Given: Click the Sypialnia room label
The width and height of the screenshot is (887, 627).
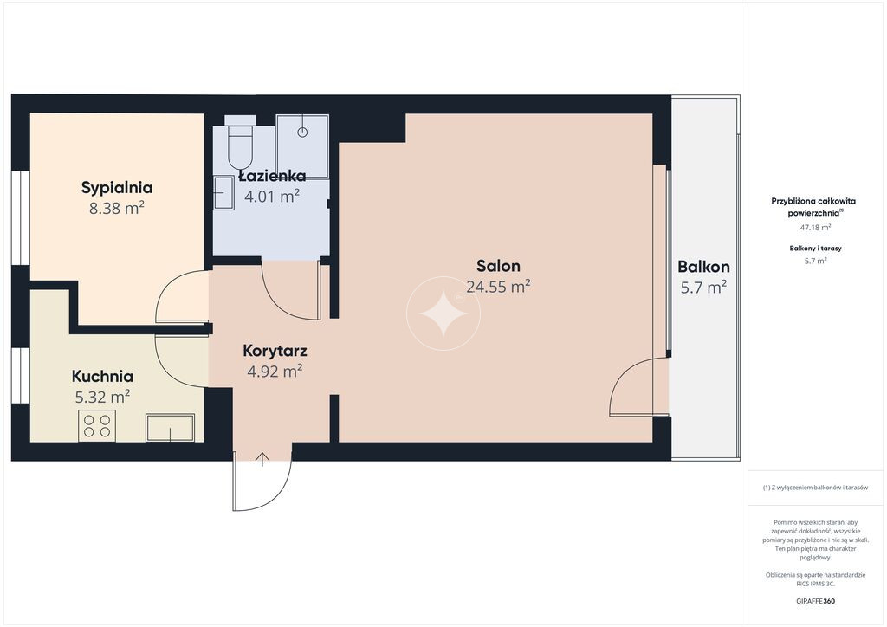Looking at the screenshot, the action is [x=117, y=188].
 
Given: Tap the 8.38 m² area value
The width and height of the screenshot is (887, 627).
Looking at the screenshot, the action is [x=117, y=208].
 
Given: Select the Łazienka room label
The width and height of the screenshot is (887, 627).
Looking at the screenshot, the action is [x=272, y=176].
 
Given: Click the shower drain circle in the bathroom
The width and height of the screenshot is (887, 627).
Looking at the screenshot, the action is [x=302, y=133].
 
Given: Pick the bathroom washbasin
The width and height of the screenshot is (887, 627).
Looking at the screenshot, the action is [x=223, y=193].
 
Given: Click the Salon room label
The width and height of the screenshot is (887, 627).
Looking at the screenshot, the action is [x=498, y=266].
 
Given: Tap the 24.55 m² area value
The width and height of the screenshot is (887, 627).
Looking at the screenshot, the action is [x=498, y=287].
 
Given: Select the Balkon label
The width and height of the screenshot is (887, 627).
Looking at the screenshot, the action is [x=703, y=267].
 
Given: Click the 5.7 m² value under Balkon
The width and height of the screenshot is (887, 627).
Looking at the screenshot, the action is [x=703, y=288].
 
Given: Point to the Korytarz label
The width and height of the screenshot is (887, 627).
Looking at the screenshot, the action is [x=275, y=351].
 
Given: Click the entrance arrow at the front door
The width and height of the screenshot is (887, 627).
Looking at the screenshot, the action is [x=262, y=460].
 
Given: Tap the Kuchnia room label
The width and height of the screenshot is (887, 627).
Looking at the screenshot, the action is [x=102, y=376].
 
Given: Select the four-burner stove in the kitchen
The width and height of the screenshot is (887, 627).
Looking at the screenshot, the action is [x=97, y=426].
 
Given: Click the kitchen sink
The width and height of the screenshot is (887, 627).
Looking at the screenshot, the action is [x=171, y=428].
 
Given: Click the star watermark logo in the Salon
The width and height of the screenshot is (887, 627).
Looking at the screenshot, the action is [x=443, y=313].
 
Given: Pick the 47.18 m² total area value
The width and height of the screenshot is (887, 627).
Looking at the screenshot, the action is [x=815, y=228].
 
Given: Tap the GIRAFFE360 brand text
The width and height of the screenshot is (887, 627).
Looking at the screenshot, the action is [x=815, y=601].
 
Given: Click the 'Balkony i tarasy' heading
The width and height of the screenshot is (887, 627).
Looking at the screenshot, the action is [x=815, y=249].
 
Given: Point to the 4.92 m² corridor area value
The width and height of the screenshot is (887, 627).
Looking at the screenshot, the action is [x=275, y=372].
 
